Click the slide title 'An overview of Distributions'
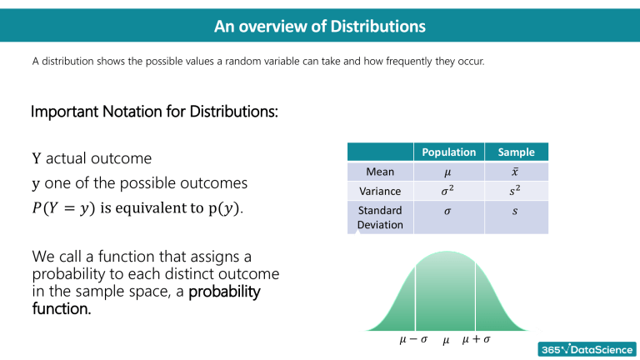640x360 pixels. (x=320, y=27)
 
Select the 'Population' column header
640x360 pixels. (x=449, y=152)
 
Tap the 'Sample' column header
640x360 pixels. (x=516, y=152)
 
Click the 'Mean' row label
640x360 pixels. (x=380, y=172)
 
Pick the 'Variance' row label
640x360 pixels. (x=380, y=192)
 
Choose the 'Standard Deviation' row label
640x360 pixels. (x=380, y=217)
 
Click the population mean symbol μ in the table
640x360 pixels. (x=449, y=172)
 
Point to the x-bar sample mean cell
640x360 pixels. (x=516, y=172)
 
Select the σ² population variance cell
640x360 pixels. (x=449, y=192)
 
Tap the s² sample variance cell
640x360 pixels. (x=516, y=192)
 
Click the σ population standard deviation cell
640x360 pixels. (x=449, y=212)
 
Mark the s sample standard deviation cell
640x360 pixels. (x=516, y=212)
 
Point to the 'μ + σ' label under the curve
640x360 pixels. (x=475, y=341)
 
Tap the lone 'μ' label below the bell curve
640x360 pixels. (x=446, y=342)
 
